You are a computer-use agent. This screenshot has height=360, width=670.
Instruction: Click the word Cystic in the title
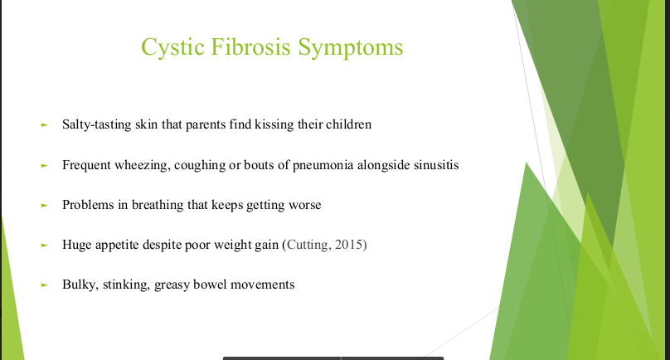[173, 47]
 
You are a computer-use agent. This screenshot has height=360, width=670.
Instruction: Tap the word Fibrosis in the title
[250, 46]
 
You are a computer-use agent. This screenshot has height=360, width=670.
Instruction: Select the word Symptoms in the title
[351, 47]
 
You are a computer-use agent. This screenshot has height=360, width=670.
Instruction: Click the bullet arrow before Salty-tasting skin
[45, 125]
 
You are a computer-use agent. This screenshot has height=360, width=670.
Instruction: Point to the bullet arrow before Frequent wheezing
[45, 165]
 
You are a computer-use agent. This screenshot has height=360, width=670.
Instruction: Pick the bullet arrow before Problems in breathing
[45, 205]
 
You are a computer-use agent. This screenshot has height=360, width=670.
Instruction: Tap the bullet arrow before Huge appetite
[45, 245]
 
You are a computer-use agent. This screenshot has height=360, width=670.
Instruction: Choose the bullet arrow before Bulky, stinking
[45, 285]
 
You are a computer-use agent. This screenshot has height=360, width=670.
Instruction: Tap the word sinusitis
[436, 164]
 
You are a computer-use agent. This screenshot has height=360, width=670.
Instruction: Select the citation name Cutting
[308, 245]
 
